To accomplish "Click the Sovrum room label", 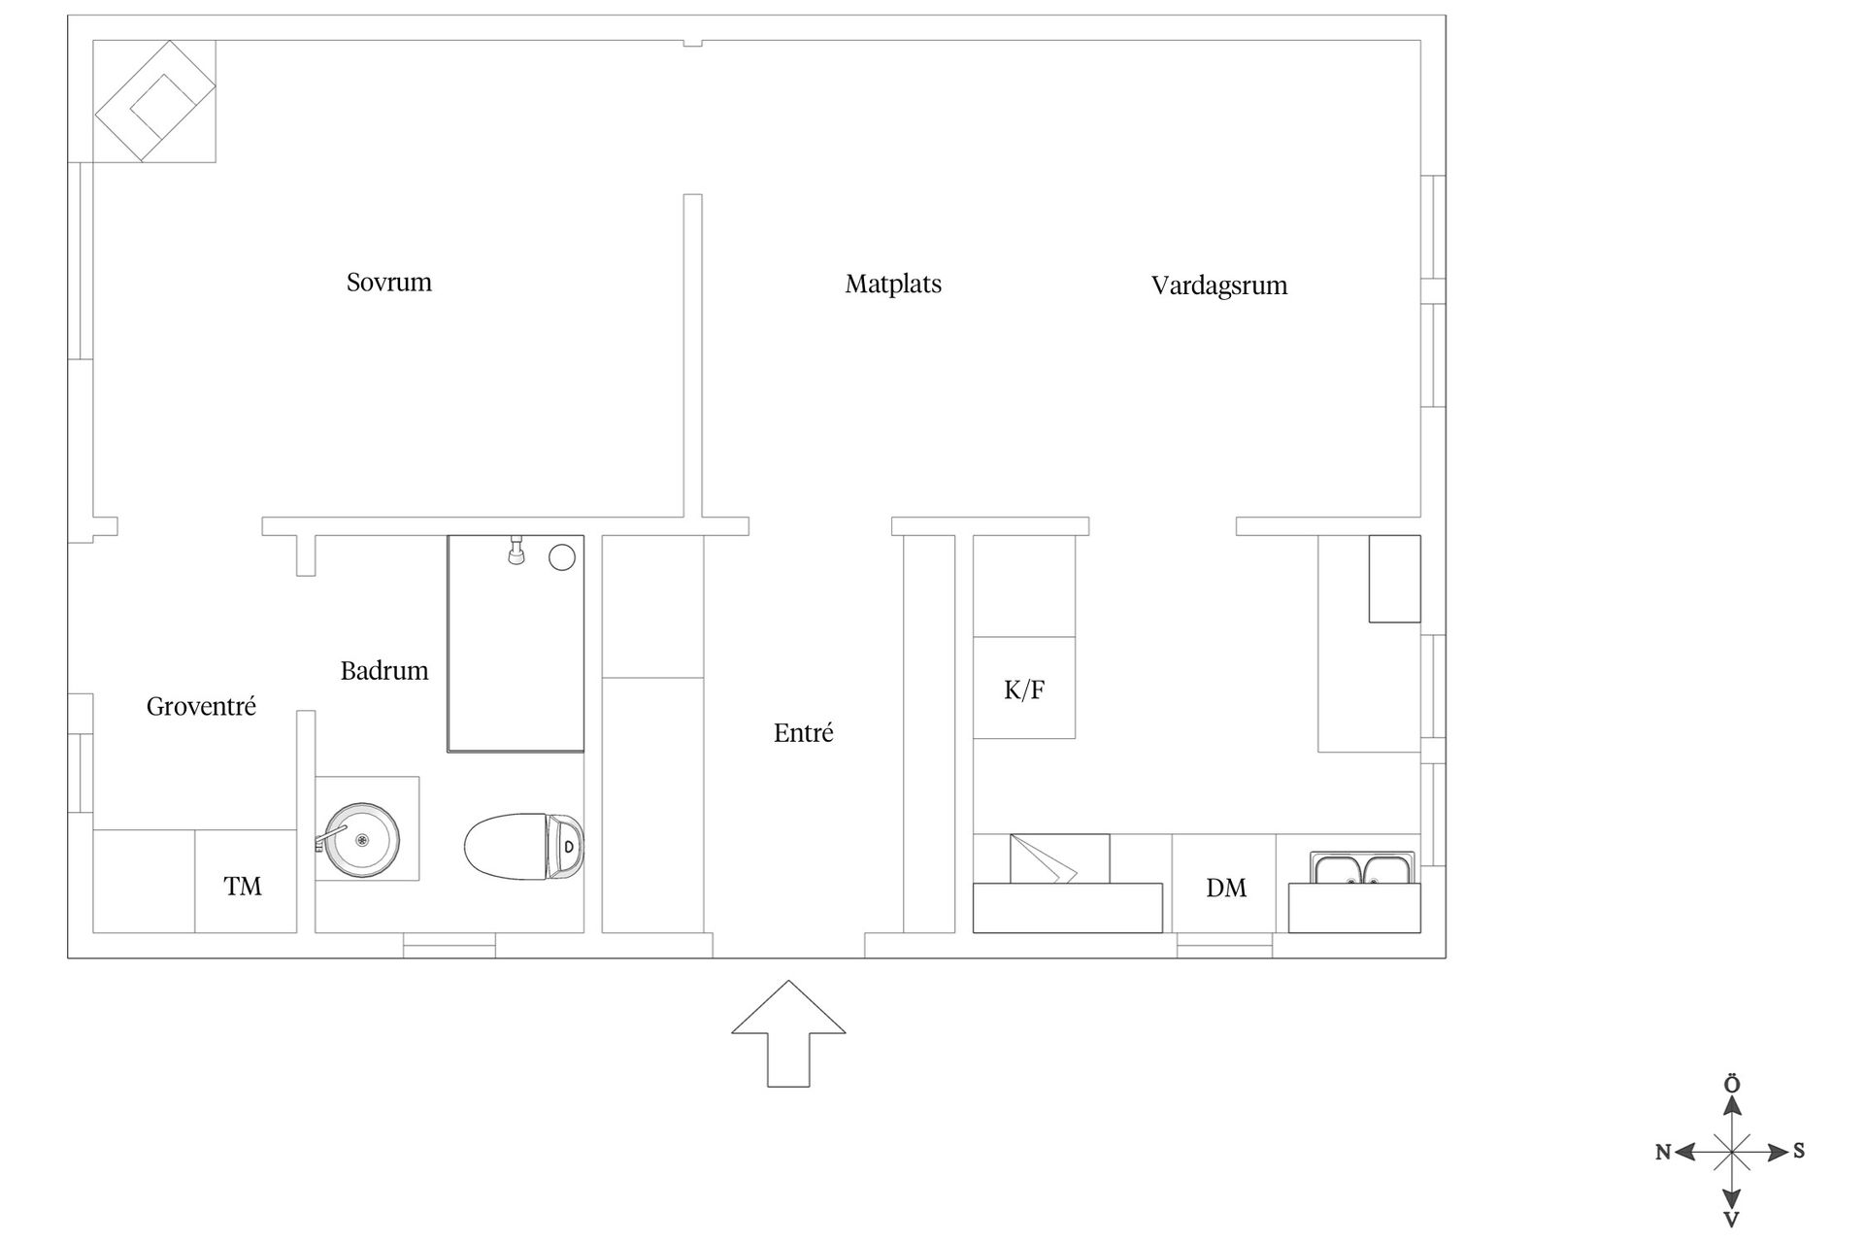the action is point(388,282).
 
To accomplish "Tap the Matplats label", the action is point(893,284).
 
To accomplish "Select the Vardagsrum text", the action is point(1219,286).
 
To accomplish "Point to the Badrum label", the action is point(384,670).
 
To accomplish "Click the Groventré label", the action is point(201,706).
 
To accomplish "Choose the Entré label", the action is point(803,732).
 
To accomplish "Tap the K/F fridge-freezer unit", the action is point(1024,688).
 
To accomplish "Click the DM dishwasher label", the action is point(1226,888).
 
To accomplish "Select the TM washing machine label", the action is point(243,886).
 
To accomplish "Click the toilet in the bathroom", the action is point(524,847).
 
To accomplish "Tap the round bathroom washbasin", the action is point(361,840).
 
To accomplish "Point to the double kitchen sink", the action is point(1362,868).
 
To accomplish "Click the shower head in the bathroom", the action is point(517,550).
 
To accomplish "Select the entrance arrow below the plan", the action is point(788,1033).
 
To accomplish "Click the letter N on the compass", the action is point(1663,1152).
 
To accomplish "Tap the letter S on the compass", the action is point(1799,1151).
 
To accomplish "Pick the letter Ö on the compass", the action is point(1731,1084).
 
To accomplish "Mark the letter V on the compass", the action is point(1731,1220).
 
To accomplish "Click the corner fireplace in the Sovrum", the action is point(154,101).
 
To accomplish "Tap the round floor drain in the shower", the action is point(562,557).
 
